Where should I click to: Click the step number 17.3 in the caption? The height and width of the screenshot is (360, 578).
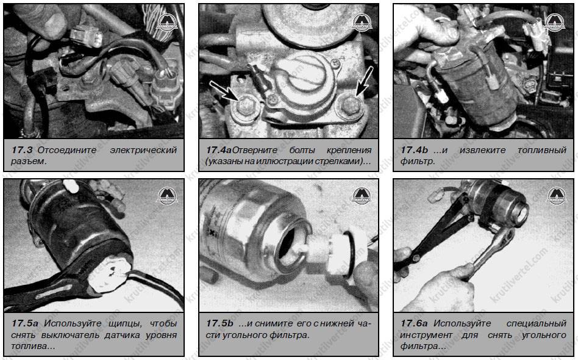[x=22, y=150]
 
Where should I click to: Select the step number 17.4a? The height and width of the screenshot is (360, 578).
[x=219, y=150]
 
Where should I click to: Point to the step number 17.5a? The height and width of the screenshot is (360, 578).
[x=25, y=323]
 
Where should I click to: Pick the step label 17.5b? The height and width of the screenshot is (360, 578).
[x=219, y=323]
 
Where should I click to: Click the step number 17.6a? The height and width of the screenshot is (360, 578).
[x=414, y=323]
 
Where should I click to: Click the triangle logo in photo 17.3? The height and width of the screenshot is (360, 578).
[x=167, y=22]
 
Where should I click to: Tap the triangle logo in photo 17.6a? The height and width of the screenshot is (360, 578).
[x=556, y=196]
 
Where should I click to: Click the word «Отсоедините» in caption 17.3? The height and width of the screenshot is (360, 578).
[x=66, y=150]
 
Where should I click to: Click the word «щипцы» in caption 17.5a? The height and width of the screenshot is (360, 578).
[x=126, y=324]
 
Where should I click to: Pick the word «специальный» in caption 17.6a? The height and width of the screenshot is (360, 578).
[x=537, y=323]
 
